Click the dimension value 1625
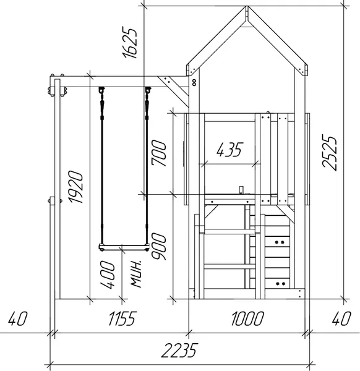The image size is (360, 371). [129, 43]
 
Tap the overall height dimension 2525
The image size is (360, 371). [329, 152]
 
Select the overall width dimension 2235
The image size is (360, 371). [179, 350]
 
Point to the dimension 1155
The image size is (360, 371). [122, 318]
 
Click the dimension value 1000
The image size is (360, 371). [247, 318]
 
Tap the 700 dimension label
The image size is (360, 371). [159, 153]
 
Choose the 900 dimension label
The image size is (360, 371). [159, 246]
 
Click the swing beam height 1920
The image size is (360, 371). [76, 187]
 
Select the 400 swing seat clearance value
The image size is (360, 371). [108, 275]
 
